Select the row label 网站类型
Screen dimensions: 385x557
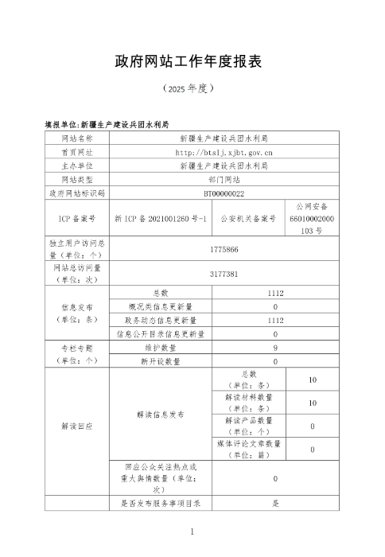pos(77,179)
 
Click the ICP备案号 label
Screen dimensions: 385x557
pos(77,217)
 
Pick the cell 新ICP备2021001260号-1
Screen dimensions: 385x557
pos(161,217)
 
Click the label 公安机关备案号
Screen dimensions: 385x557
pos(248,217)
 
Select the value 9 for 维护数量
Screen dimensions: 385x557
pos(274,348)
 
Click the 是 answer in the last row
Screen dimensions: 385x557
pos(274,504)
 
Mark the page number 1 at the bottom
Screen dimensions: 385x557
pos(192,530)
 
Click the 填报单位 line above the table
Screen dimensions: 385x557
pos(107,125)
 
